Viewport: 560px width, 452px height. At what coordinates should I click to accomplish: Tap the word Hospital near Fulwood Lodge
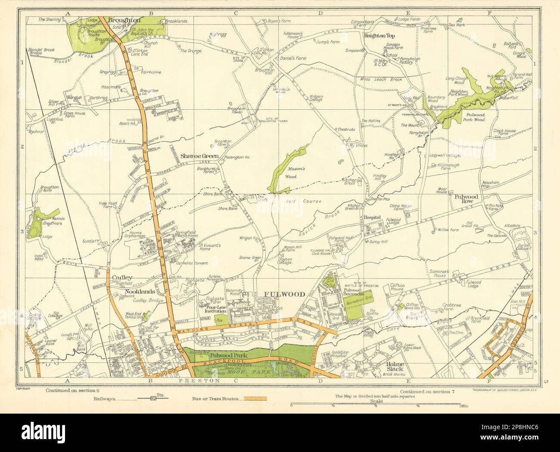[x=373, y=217]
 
